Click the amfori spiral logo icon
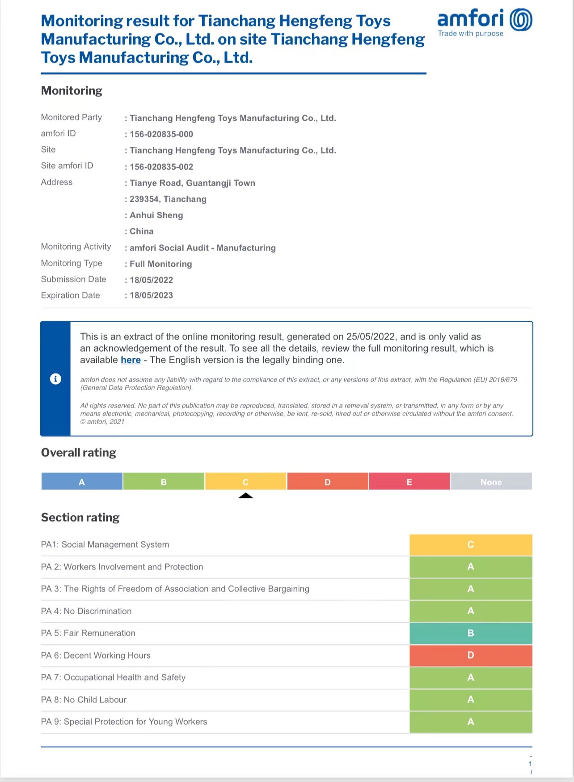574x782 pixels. (x=521, y=20)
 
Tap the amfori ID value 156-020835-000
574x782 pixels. (x=161, y=134)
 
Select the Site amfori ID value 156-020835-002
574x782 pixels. (x=161, y=167)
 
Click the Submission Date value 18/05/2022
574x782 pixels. (x=151, y=280)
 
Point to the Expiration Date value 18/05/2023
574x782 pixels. (x=151, y=295)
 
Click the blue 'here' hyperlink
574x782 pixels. (x=131, y=360)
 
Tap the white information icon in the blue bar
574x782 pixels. (x=55, y=379)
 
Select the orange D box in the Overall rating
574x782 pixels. (x=328, y=482)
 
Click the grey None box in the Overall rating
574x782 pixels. (x=491, y=482)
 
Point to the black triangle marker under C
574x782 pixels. (x=245, y=496)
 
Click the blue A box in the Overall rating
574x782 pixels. (x=82, y=482)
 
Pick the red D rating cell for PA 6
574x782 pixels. (x=471, y=655)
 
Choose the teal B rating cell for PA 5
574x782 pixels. (x=471, y=633)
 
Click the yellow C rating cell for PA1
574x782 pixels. (x=471, y=544)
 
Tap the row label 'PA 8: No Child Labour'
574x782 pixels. (x=84, y=700)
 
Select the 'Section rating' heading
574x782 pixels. (x=80, y=518)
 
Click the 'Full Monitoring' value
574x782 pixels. (x=161, y=264)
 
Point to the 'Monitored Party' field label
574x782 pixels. (x=72, y=117)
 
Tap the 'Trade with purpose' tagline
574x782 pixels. (x=471, y=34)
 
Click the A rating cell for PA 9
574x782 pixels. (x=471, y=722)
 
